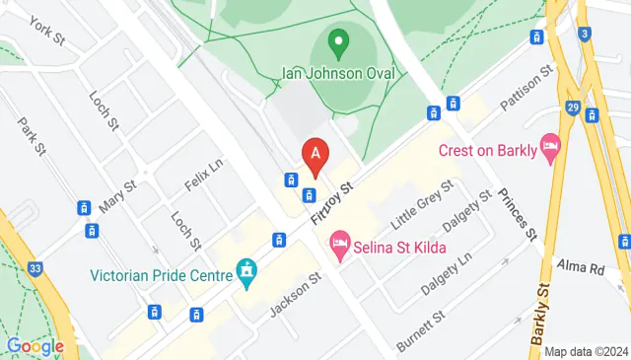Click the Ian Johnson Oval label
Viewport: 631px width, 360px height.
click(x=338, y=74)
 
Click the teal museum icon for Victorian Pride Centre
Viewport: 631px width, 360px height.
click(x=246, y=270)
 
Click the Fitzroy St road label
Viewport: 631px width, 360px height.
click(x=330, y=202)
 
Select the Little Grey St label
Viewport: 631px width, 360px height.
click(x=420, y=202)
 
